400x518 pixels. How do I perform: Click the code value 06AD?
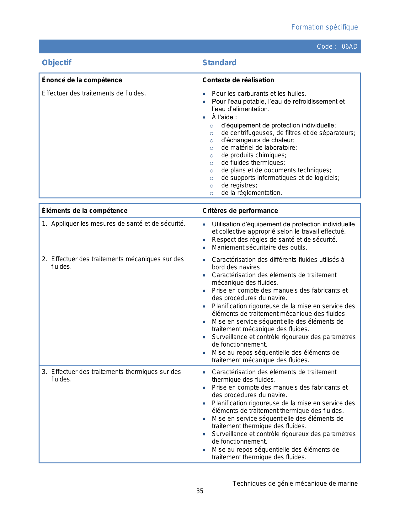point(349,46)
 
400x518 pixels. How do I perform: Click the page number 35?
point(200,491)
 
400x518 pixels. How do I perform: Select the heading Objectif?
point(57,63)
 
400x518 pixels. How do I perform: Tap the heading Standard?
point(219,63)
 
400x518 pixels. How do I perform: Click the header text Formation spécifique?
point(324,27)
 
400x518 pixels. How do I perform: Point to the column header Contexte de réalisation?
point(238,80)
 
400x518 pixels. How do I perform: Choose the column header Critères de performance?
point(240,211)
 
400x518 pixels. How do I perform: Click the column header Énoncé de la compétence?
point(82,80)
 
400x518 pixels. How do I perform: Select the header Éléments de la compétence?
point(85,211)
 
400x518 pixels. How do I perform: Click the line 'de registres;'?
point(239,185)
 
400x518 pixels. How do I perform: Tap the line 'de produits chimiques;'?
point(254,155)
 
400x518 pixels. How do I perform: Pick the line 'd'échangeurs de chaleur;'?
point(258,140)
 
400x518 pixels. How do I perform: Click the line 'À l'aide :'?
point(224,117)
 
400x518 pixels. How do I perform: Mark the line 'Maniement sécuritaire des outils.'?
point(259,247)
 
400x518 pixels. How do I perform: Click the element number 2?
point(44,259)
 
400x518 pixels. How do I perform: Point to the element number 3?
point(44,372)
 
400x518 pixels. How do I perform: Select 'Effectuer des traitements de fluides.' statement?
point(94,93)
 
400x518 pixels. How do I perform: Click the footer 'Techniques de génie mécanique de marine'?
point(295,483)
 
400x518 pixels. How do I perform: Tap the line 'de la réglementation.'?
point(252,193)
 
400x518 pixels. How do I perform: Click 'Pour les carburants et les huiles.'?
point(259,94)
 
